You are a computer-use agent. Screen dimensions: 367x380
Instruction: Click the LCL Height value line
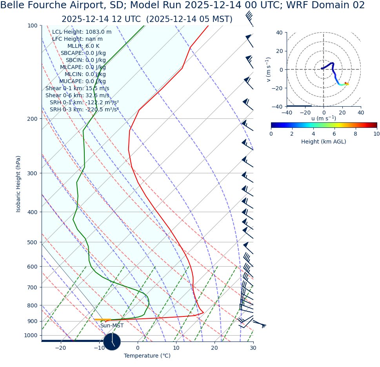tap(82, 32)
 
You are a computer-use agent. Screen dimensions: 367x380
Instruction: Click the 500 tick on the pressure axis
tap(32, 243)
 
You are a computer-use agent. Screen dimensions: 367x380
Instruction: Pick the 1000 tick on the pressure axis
tap(31, 336)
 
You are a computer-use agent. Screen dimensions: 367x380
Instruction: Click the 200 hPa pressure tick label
tap(32, 119)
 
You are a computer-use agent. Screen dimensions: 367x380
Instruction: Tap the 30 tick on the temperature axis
tap(253, 348)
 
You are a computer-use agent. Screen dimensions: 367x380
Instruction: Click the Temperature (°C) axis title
tap(147, 356)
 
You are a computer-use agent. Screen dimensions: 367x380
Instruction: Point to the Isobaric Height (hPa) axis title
tap(18, 184)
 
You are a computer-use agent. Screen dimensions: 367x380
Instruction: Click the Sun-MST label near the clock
tap(112, 326)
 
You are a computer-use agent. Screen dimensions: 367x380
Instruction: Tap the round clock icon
tap(112, 342)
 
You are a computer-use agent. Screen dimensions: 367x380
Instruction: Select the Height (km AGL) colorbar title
tap(324, 142)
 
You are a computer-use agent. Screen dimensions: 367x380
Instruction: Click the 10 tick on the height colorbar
tap(376, 134)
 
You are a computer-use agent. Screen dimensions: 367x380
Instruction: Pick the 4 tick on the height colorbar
tap(313, 134)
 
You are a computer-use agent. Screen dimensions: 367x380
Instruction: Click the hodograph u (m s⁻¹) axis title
tap(324, 118)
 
